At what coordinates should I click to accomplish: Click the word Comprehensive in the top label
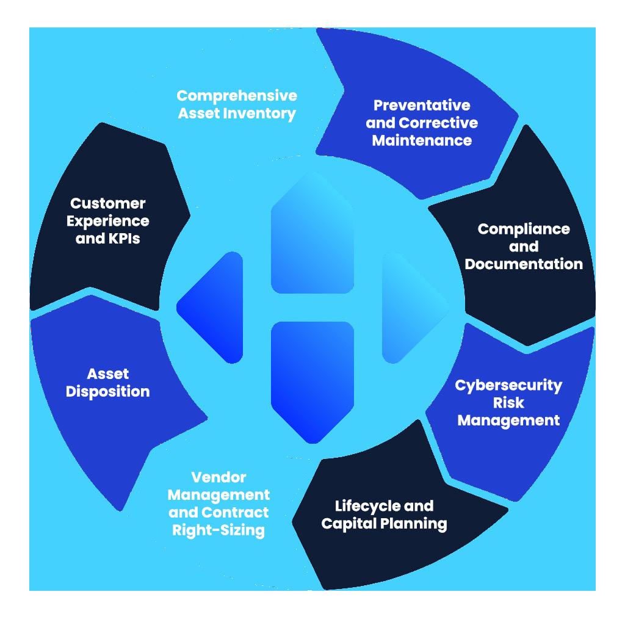[237, 96]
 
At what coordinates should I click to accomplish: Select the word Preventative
[422, 105]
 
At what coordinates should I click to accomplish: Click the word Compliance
[524, 229]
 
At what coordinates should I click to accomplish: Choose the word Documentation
[524, 264]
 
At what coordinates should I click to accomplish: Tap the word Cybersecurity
[508, 386]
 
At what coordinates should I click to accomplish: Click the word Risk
[508, 403]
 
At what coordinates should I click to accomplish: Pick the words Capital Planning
[384, 524]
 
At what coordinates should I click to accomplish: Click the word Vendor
[219, 477]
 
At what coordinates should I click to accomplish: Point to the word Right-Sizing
[219, 530]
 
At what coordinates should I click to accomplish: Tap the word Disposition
[107, 391]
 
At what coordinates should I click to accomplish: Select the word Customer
[107, 203]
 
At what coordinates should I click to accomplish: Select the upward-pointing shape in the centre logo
[312, 238]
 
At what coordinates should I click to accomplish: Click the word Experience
[107, 220]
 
